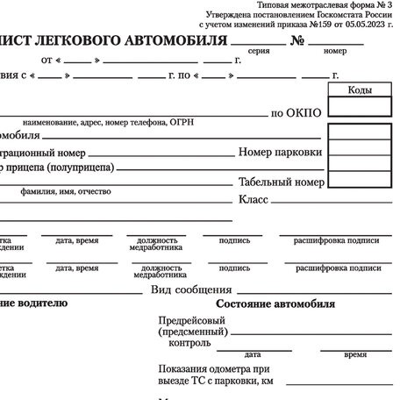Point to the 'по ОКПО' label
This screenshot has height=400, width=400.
[x=296, y=113]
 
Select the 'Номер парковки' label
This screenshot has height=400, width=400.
[x=280, y=153]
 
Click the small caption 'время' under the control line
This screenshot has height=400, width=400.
[x=355, y=354]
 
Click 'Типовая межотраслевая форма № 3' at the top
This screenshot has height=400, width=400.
[x=325, y=5]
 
